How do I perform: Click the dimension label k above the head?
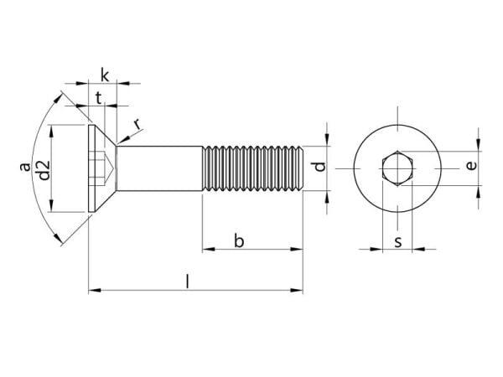pos(102,72)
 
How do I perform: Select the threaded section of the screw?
pos(251,168)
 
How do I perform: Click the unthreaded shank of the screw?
pos(159,168)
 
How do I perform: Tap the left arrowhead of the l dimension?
pos(93,291)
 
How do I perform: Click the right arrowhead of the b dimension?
pos(297,249)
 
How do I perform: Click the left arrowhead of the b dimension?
pos(207,249)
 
